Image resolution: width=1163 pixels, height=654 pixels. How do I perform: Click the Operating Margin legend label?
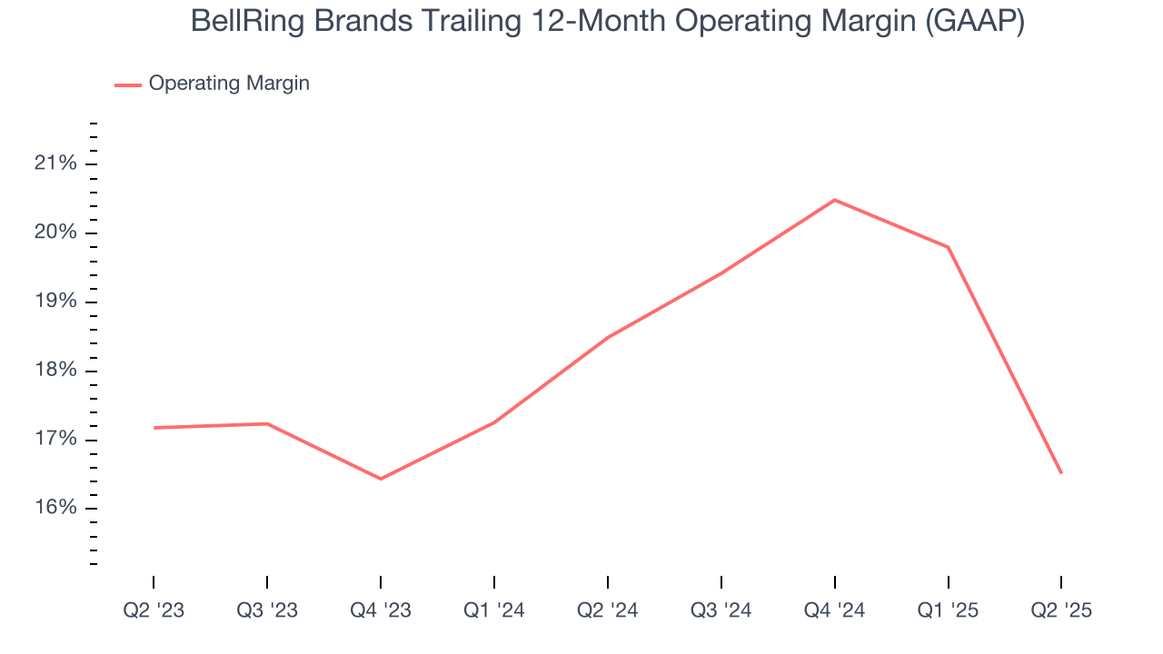[229, 84]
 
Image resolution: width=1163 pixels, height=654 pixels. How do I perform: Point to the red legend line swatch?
[127, 84]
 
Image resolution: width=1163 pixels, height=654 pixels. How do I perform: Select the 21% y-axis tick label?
[55, 164]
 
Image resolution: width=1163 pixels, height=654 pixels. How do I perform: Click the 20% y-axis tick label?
[55, 233]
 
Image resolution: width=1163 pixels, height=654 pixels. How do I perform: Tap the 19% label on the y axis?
[55, 302]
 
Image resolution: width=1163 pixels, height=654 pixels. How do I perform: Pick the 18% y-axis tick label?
[55, 372]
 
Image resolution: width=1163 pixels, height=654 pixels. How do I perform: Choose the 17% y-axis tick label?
[55, 441]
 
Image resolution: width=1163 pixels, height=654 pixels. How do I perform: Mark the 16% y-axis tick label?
[55, 509]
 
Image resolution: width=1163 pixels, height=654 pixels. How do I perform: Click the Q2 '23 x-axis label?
[154, 610]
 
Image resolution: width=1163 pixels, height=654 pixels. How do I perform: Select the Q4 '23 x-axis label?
[381, 610]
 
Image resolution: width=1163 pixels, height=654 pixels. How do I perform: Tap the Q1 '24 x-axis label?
[494, 610]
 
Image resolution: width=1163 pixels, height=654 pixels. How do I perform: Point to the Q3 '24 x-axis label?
[721, 610]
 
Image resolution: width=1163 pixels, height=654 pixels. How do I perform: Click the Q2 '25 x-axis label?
[1061, 610]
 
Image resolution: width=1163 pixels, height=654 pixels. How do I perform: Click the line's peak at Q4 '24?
[834, 200]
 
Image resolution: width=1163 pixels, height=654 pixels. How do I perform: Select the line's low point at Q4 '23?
[381, 479]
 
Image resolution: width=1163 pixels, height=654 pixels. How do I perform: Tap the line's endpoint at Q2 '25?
[1061, 472]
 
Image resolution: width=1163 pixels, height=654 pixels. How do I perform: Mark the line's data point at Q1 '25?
[949, 247]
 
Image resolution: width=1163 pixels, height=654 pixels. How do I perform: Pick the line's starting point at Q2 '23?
[154, 428]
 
